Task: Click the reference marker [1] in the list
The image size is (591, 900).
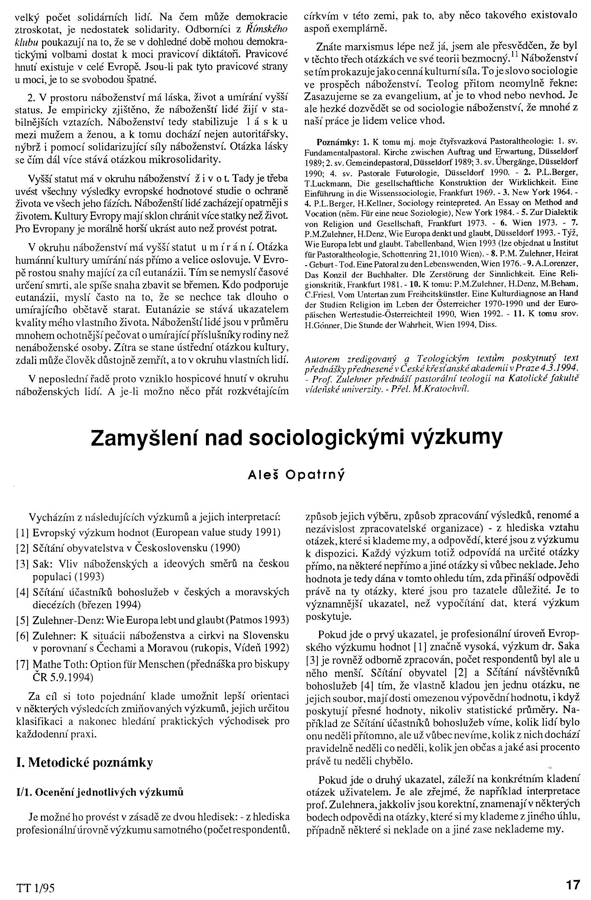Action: [21, 532]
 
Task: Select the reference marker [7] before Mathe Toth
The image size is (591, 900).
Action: [21, 664]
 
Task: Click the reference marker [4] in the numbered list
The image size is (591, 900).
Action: [21, 591]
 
